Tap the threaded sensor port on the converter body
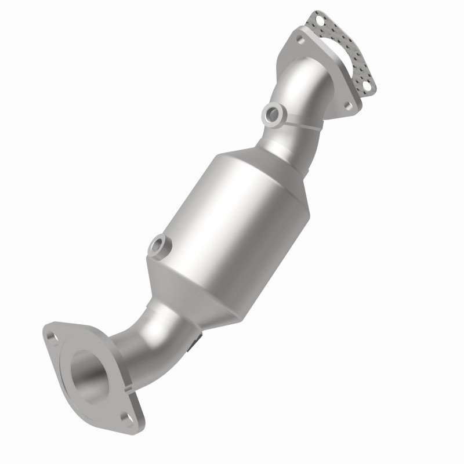(x=157, y=246)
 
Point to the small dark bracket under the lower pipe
(x=196, y=342)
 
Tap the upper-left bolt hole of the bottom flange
(x=53, y=336)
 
